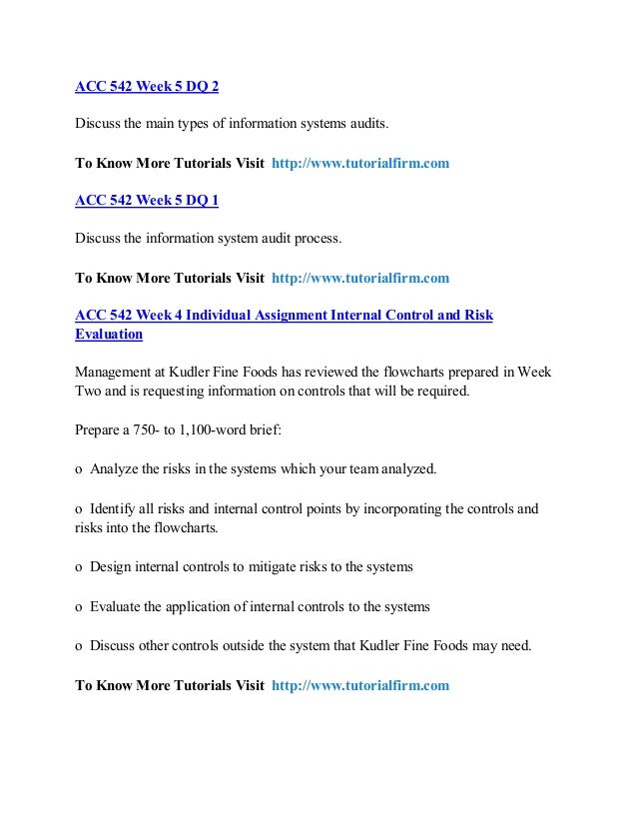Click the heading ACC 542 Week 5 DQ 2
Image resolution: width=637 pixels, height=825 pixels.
[x=147, y=86]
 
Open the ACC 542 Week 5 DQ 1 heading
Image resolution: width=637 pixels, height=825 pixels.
[x=147, y=201]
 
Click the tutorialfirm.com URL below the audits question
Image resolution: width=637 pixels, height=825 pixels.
[x=360, y=163]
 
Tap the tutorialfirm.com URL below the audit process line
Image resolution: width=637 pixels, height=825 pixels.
[x=360, y=278]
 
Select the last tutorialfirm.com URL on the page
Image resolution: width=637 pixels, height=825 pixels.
[x=360, y=685]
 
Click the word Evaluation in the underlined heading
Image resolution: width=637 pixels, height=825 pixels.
[x=109, y=335]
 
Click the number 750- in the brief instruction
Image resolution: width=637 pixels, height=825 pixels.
[x=152, y=430]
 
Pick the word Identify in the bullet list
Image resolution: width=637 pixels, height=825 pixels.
[x=114, y=508]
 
